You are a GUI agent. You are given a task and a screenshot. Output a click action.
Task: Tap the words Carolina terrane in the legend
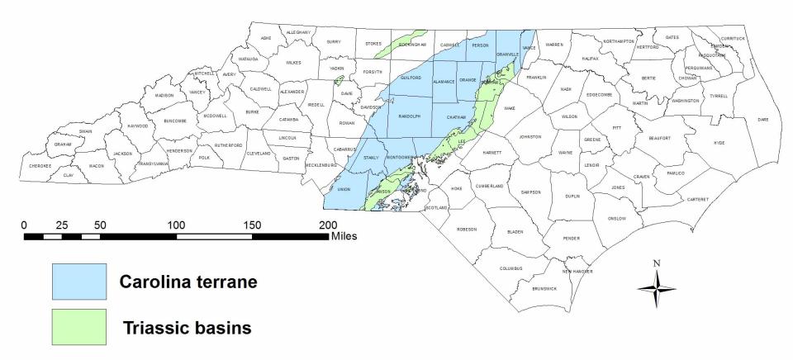(188, 282)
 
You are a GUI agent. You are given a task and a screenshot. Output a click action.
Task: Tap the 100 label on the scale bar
(176, 225)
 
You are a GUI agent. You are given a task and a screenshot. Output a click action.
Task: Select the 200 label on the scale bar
(328, 225)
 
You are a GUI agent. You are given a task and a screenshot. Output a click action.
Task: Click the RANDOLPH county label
(410, 116)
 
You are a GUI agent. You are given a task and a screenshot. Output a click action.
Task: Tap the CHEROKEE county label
(40, 165)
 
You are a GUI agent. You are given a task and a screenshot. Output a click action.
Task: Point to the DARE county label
(762, 120)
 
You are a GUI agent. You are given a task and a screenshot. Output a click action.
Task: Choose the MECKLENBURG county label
(325, 165)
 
